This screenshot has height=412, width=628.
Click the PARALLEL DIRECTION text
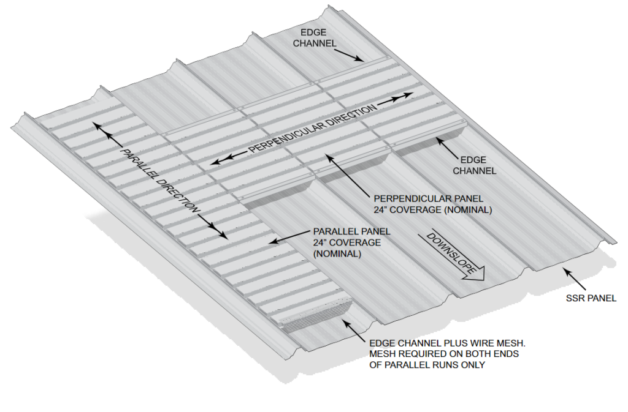point(159,181)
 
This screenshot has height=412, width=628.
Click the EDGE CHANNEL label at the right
point(474,165)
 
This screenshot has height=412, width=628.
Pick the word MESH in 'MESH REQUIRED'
point(381,354)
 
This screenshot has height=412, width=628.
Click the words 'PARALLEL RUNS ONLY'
point(426,365)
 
